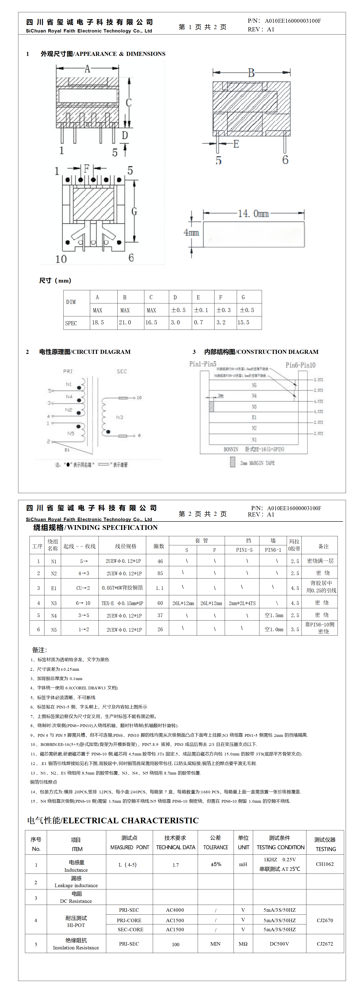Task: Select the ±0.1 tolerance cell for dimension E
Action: (201, 310)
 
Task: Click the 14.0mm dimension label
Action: (253, 213)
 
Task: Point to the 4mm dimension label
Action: (191, 232)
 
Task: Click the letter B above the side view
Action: (251, 73)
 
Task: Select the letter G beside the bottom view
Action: (134, 211)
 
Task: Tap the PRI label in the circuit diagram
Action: (68, 371)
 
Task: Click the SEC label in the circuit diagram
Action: (122, 371)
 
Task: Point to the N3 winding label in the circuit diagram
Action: (120, 417)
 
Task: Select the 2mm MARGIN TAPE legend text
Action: (257, 463)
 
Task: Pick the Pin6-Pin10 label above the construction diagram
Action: (300, 365)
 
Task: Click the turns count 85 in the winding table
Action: (160, 573)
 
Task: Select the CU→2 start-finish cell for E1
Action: (83, 588)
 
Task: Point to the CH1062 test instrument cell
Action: (325, 864)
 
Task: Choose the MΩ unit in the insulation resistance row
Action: (243, 944)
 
